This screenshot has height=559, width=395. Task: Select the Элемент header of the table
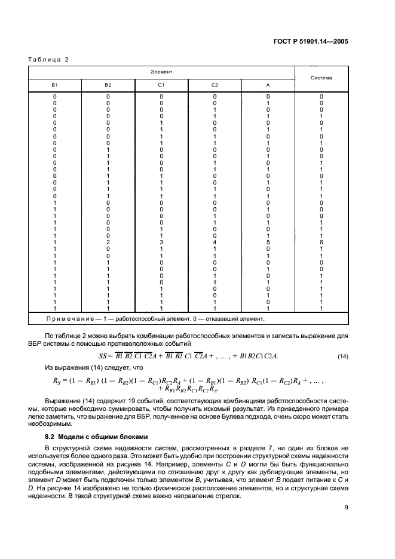(x=161, y=71)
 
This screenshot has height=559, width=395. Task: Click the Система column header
(x=321, y=78)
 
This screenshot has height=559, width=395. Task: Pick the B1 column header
(x=55, y=85)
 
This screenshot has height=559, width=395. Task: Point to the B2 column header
(x=108, y=85)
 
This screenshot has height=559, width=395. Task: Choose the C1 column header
(x=161, y=85)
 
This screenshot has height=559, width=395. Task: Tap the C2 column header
(x=215, y=85)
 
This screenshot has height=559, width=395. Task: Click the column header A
(x=268, y=85)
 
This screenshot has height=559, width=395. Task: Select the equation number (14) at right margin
(x=342, y=357)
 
